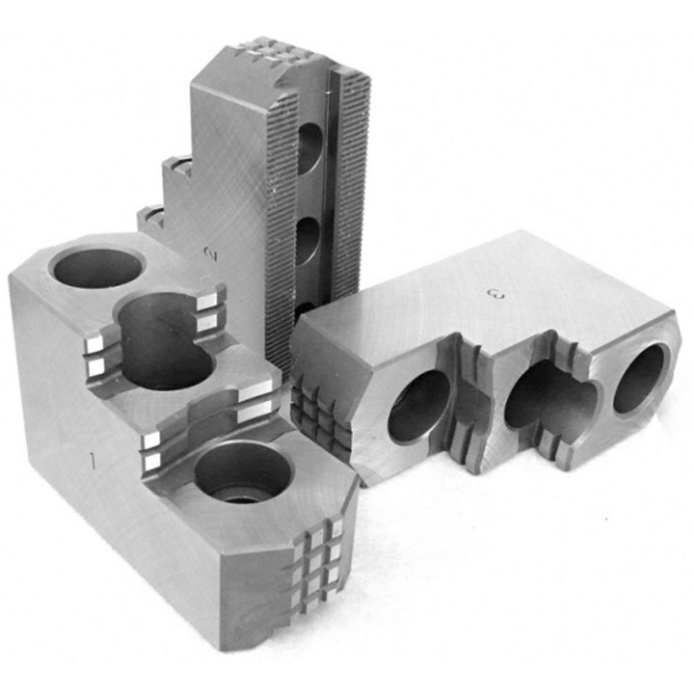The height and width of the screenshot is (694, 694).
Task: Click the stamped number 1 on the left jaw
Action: coord(93,461)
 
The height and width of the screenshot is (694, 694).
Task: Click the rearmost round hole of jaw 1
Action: coord(97,267)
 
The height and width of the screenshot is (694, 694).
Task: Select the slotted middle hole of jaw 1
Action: coord(165,340)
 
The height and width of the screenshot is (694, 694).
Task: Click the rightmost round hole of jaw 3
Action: coord(640,379)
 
